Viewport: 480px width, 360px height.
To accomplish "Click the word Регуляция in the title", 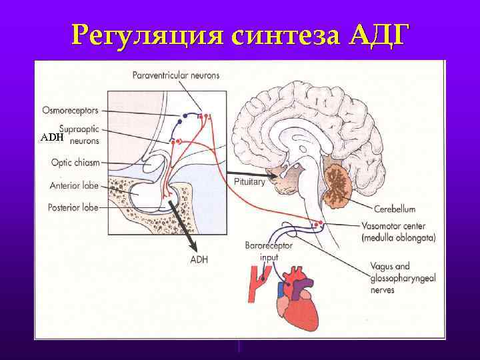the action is tap(149, 34).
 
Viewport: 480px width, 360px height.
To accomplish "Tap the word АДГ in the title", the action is tap(376, 34).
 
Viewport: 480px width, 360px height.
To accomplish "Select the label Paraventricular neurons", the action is tap(176, 75).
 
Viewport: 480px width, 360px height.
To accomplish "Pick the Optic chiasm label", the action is tap(75, 162).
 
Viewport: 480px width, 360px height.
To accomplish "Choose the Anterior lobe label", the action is tap(74, 185).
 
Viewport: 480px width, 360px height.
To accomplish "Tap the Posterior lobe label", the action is tap(73, 207).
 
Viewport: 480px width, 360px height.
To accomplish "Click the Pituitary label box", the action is tap(249, 181).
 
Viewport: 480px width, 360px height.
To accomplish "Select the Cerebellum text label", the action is tap(394, 209).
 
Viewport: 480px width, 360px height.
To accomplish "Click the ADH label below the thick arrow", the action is tap(199, 259).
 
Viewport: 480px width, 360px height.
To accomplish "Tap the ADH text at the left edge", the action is tap(51, 137).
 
